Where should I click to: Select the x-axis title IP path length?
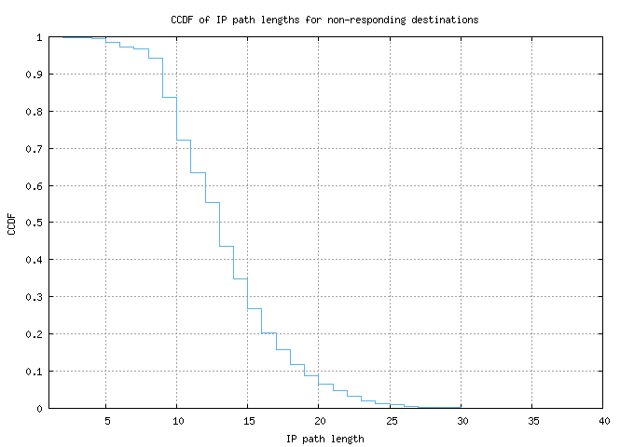324,438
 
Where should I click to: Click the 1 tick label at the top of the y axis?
39,37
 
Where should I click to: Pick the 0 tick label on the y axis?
39,408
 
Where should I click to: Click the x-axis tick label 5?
106,421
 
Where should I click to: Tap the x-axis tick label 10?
177,421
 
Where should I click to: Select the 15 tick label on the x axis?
248,421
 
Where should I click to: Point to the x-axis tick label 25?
390,421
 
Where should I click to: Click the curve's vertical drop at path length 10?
177,118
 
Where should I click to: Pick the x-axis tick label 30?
461,421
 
